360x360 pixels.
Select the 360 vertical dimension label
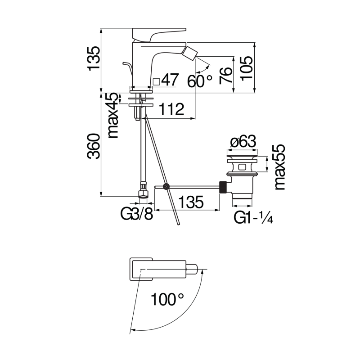[93, 146]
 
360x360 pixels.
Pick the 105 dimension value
[247, 68]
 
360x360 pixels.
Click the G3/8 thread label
[136, 214]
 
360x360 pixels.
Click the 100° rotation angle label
[167, 299]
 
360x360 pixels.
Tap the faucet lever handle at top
[158, 33]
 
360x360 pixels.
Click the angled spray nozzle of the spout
[191, 54]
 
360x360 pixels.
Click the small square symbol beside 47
[156, 81]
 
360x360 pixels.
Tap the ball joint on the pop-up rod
[166, 186]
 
